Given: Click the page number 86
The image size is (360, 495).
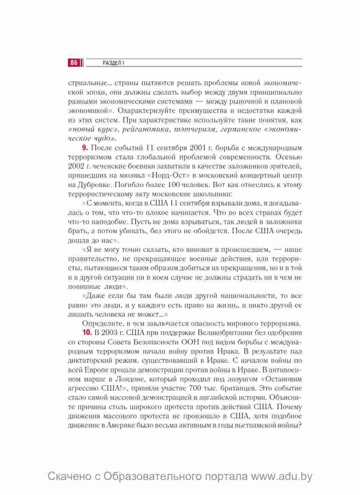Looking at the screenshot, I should pyautogui.click(x=74, y=63).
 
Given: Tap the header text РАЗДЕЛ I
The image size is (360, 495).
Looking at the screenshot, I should pyautogui.click(x=113, y=63).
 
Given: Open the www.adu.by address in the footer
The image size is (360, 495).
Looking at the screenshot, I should pyautogui.click(x=281, y=476).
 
